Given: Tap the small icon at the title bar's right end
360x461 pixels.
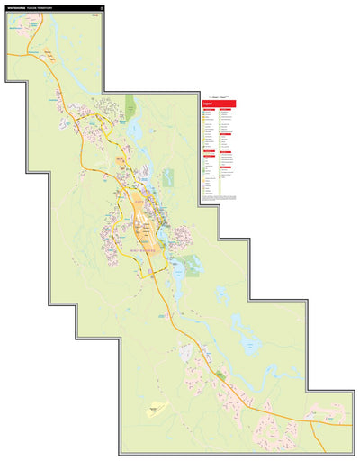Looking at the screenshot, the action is tap(102, 8).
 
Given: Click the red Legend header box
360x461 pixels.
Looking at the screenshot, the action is tap(219, 103).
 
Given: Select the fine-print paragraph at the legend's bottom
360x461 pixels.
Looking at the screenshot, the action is tap(219, 196).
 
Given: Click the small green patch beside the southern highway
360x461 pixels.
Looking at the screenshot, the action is tap(219, 373).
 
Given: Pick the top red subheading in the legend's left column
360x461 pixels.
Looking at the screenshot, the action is tap(208, 110).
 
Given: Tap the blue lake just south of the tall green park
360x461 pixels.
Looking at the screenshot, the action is tap(135, 131).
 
